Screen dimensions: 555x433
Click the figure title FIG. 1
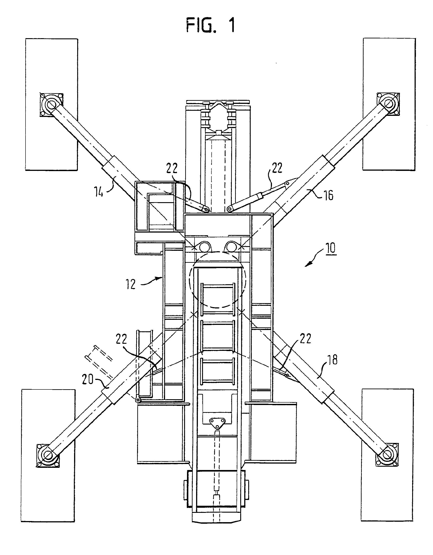[211, 26]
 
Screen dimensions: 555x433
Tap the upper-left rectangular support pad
[51, 104]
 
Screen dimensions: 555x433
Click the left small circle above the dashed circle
[204, 246]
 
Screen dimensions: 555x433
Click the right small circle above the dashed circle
[231, 246]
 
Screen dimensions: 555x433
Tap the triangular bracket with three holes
[217, 423]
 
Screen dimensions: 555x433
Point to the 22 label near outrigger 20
[121, 340]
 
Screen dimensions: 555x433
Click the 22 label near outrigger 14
[172, 168]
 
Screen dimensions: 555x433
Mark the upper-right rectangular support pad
[389, 104]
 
